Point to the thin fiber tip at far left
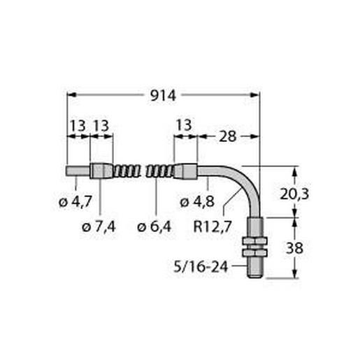click(77, 171)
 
